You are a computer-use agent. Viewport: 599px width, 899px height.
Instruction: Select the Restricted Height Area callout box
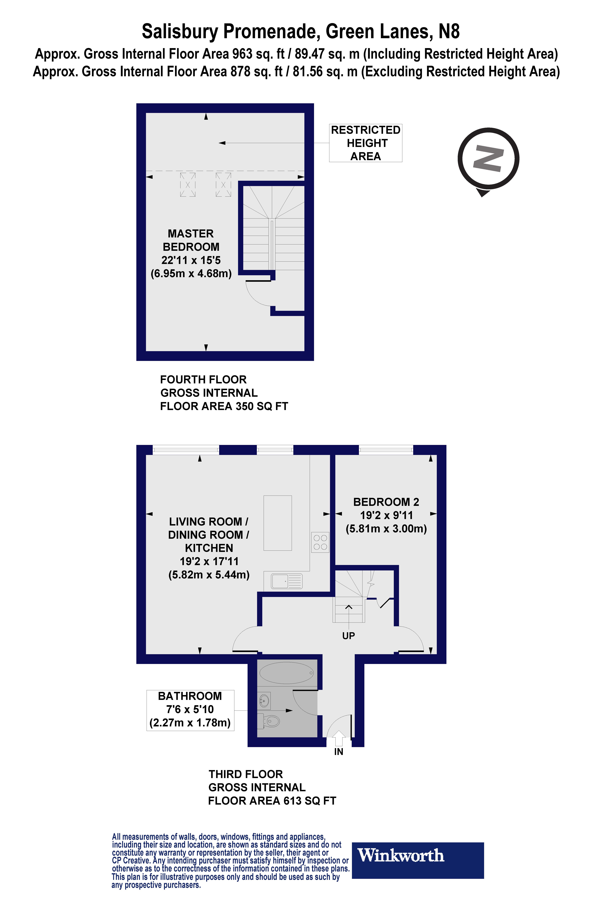coord(366,143)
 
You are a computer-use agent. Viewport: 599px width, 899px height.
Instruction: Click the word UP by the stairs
coord(348,636)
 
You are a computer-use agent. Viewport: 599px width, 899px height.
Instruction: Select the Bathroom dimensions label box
coord(190,710)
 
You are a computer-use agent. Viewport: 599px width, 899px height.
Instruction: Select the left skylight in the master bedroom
coord(188,185)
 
